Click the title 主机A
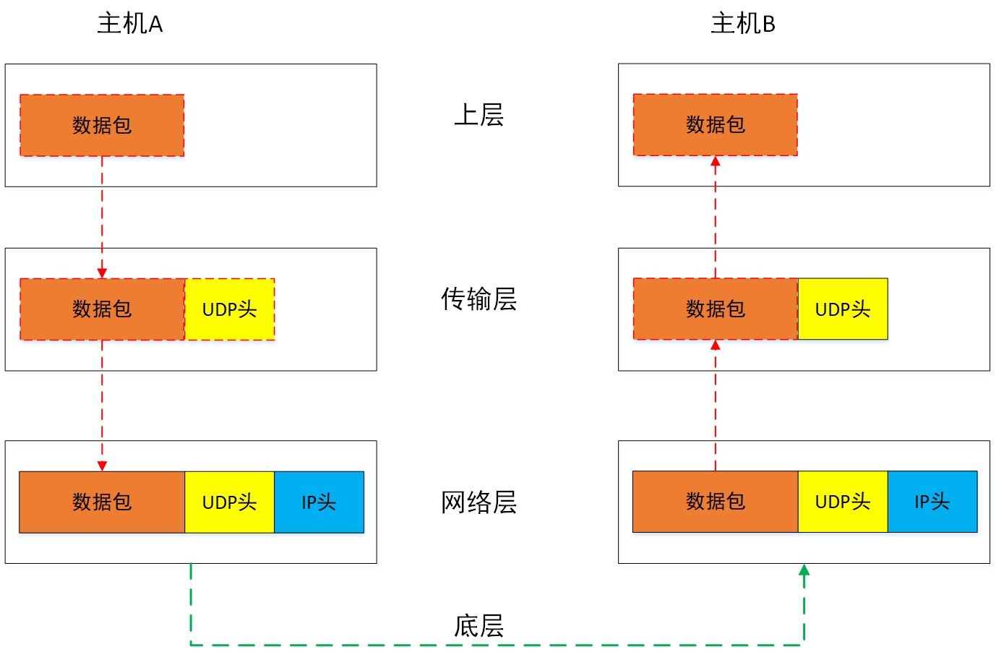coord(130,24)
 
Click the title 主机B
coord(742,24)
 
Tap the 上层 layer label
coord(478,115)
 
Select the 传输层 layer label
coord(478,299)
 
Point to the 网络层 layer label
coord(478,502)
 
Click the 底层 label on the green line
coord(478,625)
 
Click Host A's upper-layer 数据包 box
coord(102,125)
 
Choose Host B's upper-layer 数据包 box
coord(715,124)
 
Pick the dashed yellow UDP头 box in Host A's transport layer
coord(230,309)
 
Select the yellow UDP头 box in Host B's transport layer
coord(843,309)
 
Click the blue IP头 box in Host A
coord(319,502)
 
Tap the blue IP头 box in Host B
coord(932,502)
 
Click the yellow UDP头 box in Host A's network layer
coord(230,502)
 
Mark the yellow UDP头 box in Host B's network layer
coord(843,502)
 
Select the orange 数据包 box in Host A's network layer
coord(102,502)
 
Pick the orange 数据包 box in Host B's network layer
coord(715,502)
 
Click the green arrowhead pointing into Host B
coord(804,570)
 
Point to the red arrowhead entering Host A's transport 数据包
coord(102,273)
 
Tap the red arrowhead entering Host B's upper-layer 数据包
coord(715,161)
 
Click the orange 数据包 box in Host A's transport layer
coord(102,309)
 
